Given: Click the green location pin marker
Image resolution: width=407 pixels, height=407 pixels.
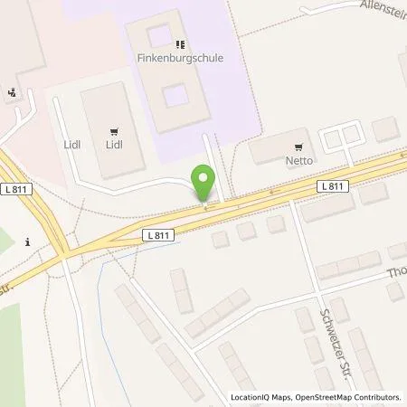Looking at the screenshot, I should (204, 184).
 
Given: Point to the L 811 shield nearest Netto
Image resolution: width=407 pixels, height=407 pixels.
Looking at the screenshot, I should (332, 185).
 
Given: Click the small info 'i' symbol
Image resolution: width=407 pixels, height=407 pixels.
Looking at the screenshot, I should (30, 241).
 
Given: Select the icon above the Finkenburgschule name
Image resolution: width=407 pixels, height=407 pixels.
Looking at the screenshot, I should (179, 43).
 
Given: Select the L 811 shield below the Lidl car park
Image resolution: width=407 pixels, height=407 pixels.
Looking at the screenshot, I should (157, 233).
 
